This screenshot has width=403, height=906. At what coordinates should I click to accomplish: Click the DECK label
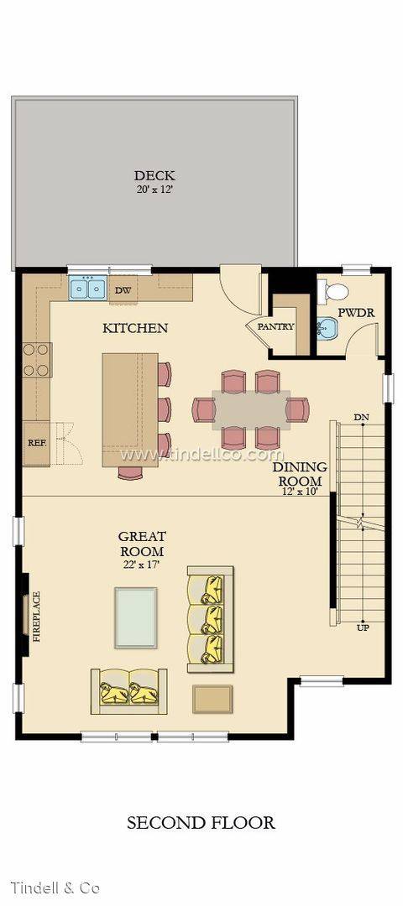(154, 175)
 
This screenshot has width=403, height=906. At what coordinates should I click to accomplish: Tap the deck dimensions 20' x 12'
(154, 188)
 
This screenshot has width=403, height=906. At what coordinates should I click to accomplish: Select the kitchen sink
(87, 288)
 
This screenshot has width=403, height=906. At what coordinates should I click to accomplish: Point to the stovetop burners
(37, 359)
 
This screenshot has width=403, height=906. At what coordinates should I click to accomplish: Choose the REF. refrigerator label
(37, 443)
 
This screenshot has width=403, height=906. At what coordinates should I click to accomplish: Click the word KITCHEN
(135, 328)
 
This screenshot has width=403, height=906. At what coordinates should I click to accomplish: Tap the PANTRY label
(275, 326)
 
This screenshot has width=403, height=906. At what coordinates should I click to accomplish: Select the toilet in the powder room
(334, 291)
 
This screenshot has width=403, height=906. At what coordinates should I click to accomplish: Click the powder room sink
(327, 330)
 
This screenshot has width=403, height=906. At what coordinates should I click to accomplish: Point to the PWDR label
(356, 313)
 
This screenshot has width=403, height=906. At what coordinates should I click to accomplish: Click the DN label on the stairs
(363, 417)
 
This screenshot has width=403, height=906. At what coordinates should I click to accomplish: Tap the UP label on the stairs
(363, 627)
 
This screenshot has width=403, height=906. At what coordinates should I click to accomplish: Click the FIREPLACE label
(36, 617)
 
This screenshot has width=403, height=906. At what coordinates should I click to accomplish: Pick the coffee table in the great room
(135, 617)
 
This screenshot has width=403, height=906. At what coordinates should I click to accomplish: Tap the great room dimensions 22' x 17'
(141, 565)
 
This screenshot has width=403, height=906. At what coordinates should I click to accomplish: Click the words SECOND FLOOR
(201, 822)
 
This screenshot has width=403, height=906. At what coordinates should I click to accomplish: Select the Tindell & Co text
(55, 887)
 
